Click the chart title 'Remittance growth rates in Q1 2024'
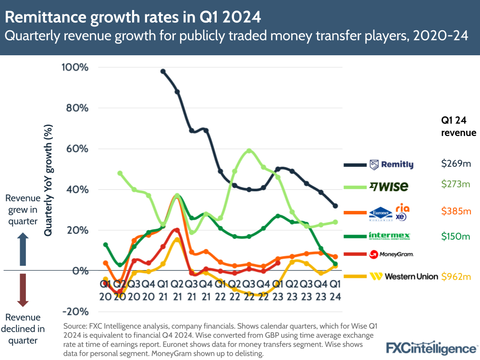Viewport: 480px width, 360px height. (134, 18)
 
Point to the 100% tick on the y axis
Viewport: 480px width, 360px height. (75, 67)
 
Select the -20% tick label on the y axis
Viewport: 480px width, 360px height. (75, 311)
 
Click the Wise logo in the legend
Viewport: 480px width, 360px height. (389, 186)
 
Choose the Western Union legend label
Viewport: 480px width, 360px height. (404, 276)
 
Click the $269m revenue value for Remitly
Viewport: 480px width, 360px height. (456, 164)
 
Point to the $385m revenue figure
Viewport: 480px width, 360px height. (456, 211)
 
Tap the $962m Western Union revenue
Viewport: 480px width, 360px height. (456, 276)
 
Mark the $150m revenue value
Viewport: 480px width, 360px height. (456, 236)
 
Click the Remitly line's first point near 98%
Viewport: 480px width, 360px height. (163, 72)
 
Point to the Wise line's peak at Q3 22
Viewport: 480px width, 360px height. (249, 151)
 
